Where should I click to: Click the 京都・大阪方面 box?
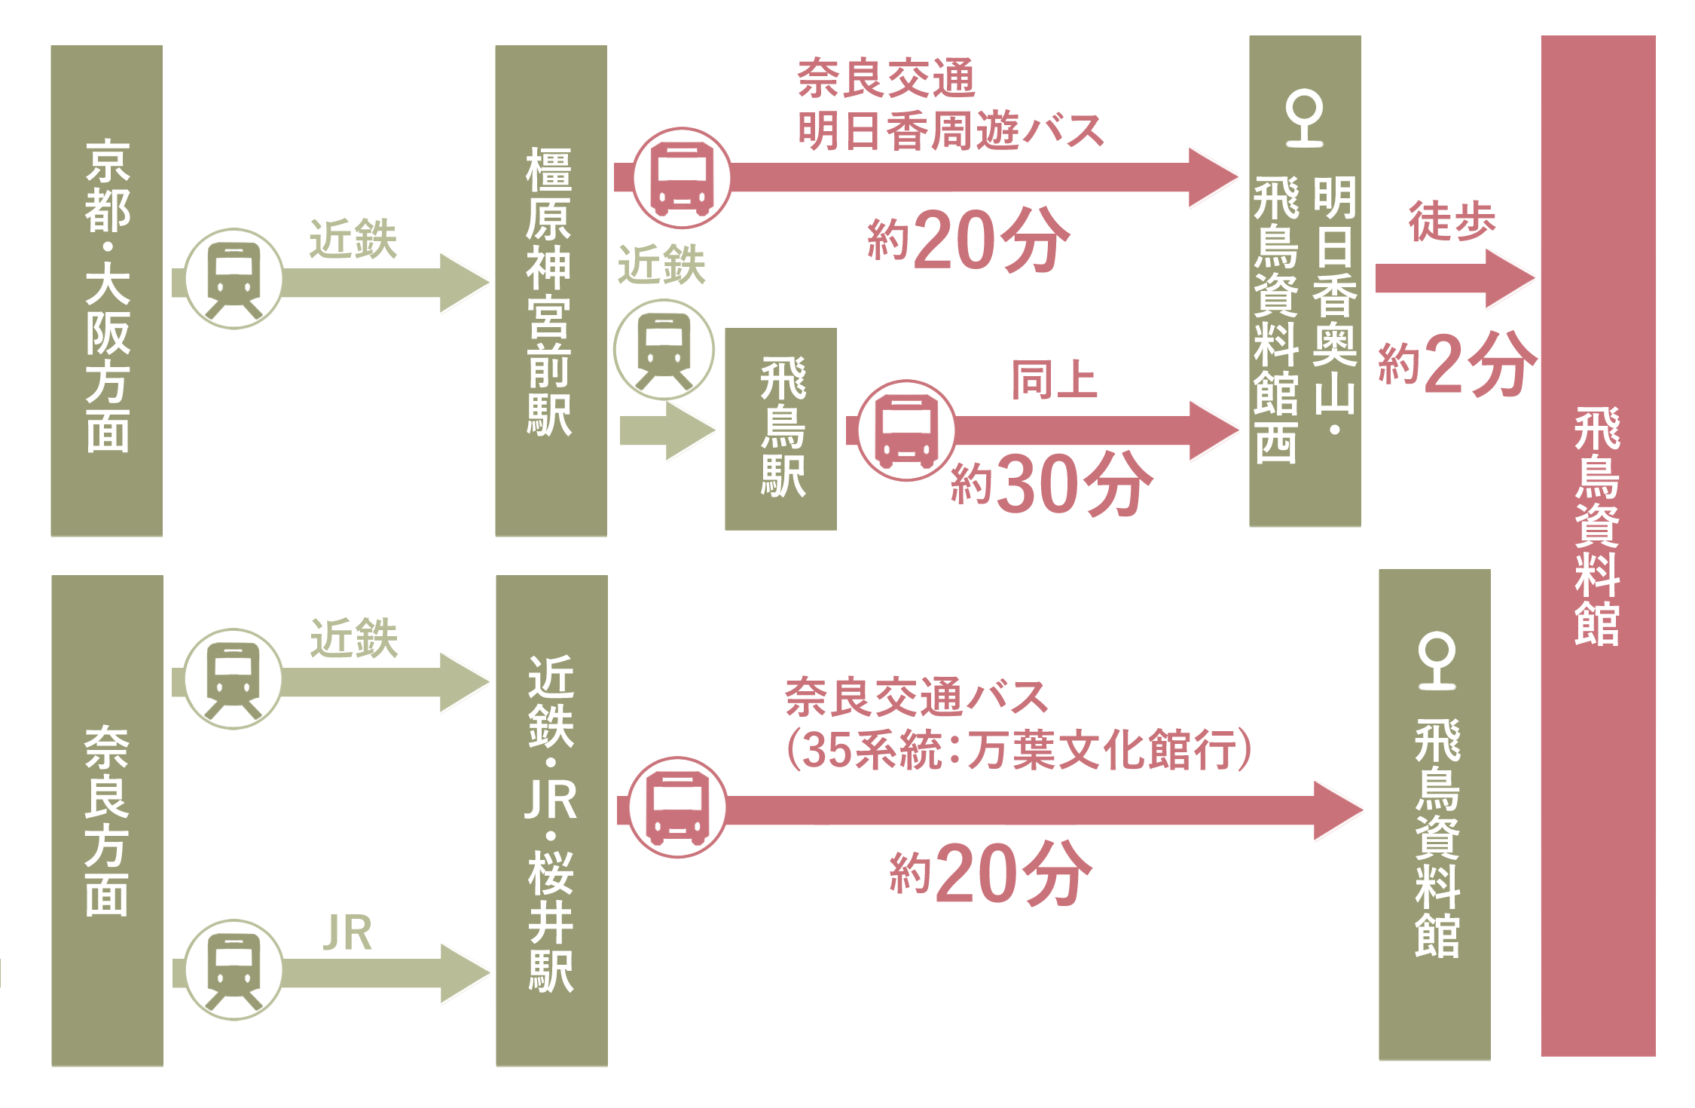(107, 290)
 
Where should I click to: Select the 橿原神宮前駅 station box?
(551, 290)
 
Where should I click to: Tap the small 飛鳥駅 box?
(780, 428)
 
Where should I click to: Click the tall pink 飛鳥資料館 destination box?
(1598, 545)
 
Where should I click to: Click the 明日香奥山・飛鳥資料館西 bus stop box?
(1305, 280)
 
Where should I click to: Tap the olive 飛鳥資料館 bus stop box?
(1434, 814)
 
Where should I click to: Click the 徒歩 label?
(1452, 221)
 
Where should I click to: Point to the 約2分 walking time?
(1456, 365)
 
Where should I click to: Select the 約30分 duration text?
(1051, 484)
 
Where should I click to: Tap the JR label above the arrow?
(347, 933)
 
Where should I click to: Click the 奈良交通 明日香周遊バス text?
(949, 105)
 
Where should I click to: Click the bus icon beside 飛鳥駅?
(907, 430)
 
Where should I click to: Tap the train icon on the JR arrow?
(234, 970)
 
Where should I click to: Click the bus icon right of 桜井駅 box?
(677, 807)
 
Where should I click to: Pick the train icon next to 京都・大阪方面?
(234, 279)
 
